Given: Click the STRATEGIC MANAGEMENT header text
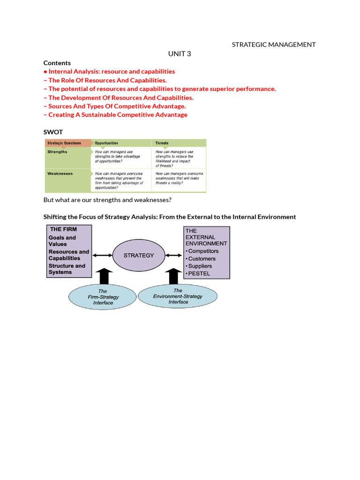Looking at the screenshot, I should (274, 45).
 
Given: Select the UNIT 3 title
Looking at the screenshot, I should (180, 54).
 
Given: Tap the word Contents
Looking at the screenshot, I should (57, 63).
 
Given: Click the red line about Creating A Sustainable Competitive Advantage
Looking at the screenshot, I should (118, 115).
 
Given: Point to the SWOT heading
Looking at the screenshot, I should (53, 132).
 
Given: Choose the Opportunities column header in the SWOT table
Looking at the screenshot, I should (106, 143).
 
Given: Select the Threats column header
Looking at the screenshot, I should (162, 143).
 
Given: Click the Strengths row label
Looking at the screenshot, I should (57, 152).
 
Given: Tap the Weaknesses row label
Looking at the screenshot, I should (60, 173).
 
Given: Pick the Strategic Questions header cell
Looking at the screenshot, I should (64, 143).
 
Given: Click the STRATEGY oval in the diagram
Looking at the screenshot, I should (138, 255).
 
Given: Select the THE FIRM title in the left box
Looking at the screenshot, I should (63, 229).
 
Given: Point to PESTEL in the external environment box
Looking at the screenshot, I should (199, 273).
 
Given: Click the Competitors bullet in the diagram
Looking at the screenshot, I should (203, 251).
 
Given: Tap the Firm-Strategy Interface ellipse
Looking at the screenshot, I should (103, 297).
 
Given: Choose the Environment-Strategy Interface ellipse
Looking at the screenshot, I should (178, 296).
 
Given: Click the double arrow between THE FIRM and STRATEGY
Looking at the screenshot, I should (102, 255).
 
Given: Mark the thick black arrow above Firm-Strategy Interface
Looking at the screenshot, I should (104, 276).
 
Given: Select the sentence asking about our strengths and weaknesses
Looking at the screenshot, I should (107, 200).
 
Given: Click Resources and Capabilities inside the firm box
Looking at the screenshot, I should (68, 255).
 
